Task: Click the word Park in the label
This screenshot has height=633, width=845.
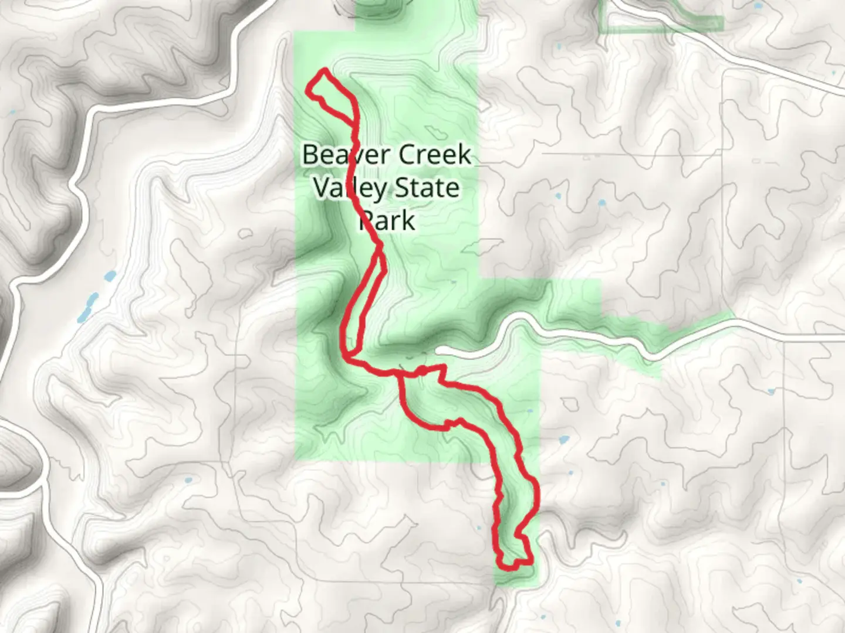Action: tap(387, 221)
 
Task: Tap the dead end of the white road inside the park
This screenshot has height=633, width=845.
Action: tap(440, 350)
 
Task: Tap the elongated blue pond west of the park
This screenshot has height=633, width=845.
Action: tap(86, 309)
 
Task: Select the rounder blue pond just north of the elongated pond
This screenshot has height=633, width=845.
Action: tap(109, 275)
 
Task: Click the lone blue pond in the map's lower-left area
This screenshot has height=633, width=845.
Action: tap(188, 480)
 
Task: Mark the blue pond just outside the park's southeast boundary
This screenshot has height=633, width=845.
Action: tap(563, 439)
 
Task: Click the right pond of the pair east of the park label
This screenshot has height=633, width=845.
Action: tap(602, 203)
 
